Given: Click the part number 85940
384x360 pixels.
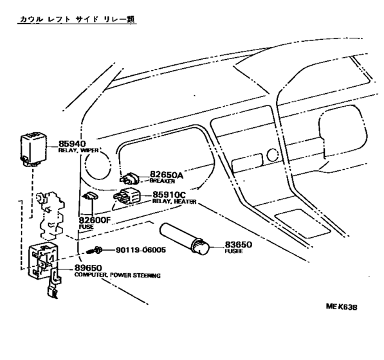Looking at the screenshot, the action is click(72, 144).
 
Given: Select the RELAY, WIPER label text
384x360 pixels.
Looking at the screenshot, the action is click(78, 150).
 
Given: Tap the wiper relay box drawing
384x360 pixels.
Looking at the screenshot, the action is click(33, 149).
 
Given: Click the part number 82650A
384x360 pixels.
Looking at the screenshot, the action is click(167, 175).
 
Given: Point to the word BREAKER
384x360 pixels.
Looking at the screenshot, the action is click(162, 181).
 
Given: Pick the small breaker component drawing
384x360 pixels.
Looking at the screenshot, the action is click(129, 179).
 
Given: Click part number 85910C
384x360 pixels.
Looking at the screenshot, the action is click(169, 195).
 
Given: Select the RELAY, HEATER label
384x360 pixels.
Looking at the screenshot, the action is click(174, 202).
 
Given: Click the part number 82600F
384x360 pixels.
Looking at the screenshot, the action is click(95, 221).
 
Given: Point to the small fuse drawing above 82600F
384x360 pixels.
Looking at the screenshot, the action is click(91, 195).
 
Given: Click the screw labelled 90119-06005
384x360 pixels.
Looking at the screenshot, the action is click(95, 250).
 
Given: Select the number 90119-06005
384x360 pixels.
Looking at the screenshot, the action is click(141, 250).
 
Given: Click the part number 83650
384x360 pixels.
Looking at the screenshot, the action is click(239, 244).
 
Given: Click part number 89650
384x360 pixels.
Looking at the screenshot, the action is click(88, 268).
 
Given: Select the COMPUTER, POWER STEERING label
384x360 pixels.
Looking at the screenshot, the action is click(118, 275).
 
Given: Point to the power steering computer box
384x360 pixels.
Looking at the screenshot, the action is click(44, 261).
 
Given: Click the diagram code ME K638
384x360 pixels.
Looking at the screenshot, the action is click(342, 307).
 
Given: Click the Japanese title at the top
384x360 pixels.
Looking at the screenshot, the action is click(77, 19).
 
